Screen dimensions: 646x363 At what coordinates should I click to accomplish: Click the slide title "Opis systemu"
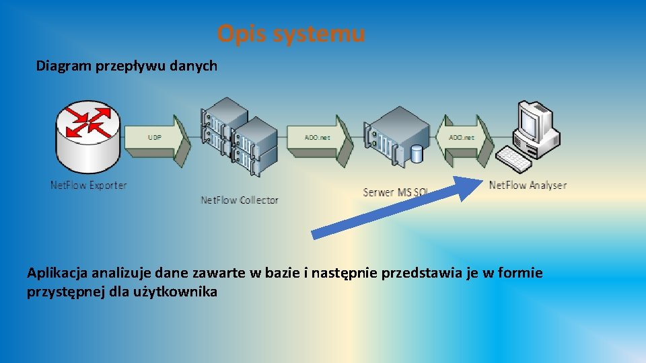click(x=291, y=33)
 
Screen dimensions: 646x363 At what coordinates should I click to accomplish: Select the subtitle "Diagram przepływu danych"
click(x=127, y=66)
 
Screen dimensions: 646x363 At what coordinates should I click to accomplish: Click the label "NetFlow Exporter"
click(x=88, y=185)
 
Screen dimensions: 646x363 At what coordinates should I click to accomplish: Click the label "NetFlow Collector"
click(x=240, y=200)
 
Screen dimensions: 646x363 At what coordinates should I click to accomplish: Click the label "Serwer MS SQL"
click(x=395, y=192)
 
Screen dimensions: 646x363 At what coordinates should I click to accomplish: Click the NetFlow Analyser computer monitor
click(x=536, y=121)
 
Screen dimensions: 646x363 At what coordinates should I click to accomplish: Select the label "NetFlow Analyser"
click(x=528, y=185)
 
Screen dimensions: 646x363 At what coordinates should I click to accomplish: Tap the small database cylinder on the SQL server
click(x=417, y=154)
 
